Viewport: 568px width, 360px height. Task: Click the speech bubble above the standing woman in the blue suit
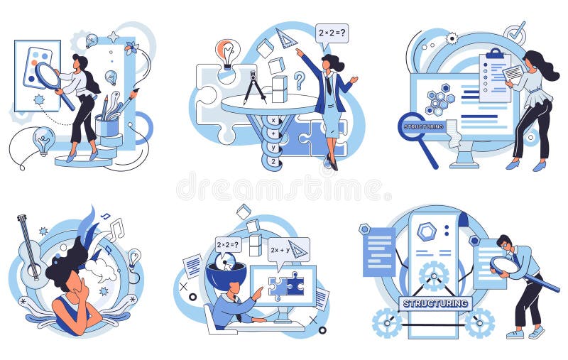[x=332, y=33]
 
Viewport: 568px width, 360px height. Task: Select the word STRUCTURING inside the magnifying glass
[x=423, y=126]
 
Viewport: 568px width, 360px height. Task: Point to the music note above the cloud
[x=116, y=229]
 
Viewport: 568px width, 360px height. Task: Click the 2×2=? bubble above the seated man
[x=228, y=246]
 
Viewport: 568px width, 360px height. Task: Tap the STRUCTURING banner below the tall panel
[x=435, y=303]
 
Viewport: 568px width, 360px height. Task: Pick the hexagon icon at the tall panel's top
[x=427, y=231]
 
